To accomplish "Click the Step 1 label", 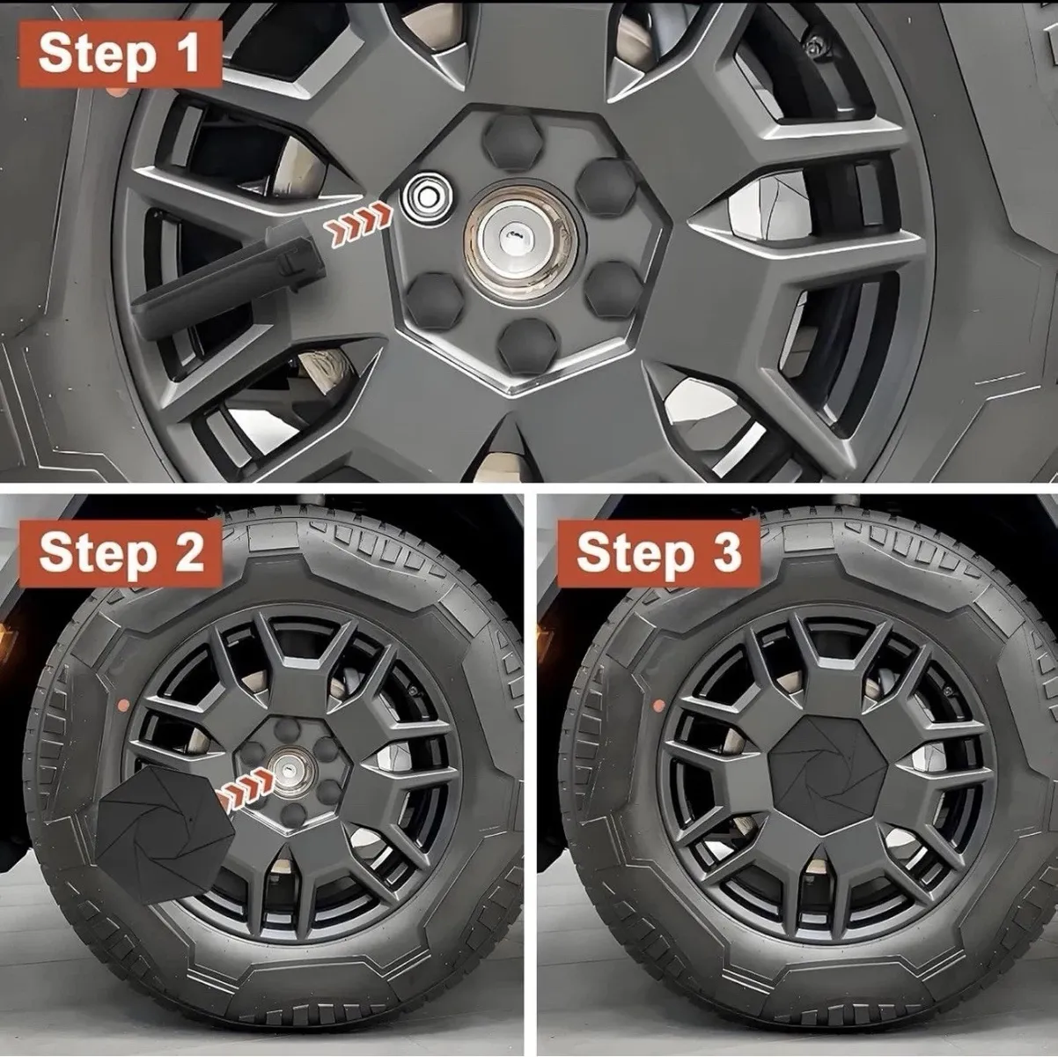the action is coord(121,54).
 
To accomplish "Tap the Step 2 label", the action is coord(121,552).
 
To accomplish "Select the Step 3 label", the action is coord(658,552).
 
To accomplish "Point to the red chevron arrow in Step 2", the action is coord(246,783).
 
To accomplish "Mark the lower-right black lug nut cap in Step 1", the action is coord(613,290).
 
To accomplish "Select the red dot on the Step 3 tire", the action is coord(659,704).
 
